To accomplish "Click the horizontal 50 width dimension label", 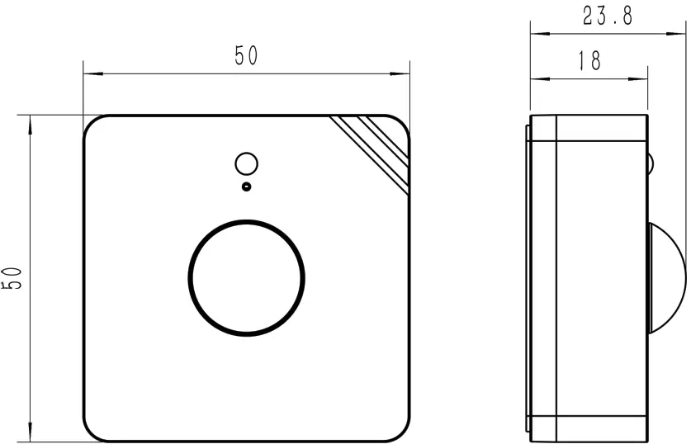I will pyautogui.click(x=246, y=56).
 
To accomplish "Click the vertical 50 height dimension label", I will pyautogui.click(x=13, y=278).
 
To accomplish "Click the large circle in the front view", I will pyautogui.click(x=246, y=277).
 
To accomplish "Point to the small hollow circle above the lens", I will pyautogui.click(x=245, y=163).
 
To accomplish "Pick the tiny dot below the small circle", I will pyautogui.click(x=245, y=187).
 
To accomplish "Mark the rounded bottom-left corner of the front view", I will pyautogui.click(x=92, y=434).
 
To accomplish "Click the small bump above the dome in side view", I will pyautogui.click(x=650, y=162).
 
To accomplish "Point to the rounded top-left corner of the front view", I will pyautogui.click(x=92, y=123).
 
